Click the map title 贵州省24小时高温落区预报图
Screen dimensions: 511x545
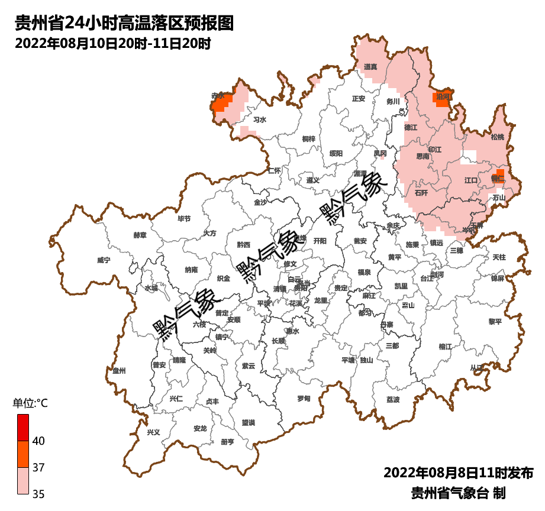124,23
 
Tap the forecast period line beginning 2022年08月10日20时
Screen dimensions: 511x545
112,43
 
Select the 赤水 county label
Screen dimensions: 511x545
218,95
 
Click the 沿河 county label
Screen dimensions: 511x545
443,96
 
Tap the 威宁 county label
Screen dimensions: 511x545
104,260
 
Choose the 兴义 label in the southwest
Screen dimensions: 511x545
153,432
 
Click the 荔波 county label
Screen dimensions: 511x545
393,400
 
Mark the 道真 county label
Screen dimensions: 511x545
370,67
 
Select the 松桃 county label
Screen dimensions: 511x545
498,137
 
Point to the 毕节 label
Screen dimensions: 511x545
184,218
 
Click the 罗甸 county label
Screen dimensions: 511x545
304,399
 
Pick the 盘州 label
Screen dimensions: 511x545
119,371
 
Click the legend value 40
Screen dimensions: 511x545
38,441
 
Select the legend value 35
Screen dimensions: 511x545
38,494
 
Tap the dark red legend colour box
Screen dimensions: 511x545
22,427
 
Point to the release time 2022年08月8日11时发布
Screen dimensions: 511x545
458,473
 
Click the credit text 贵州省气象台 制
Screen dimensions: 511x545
458,493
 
